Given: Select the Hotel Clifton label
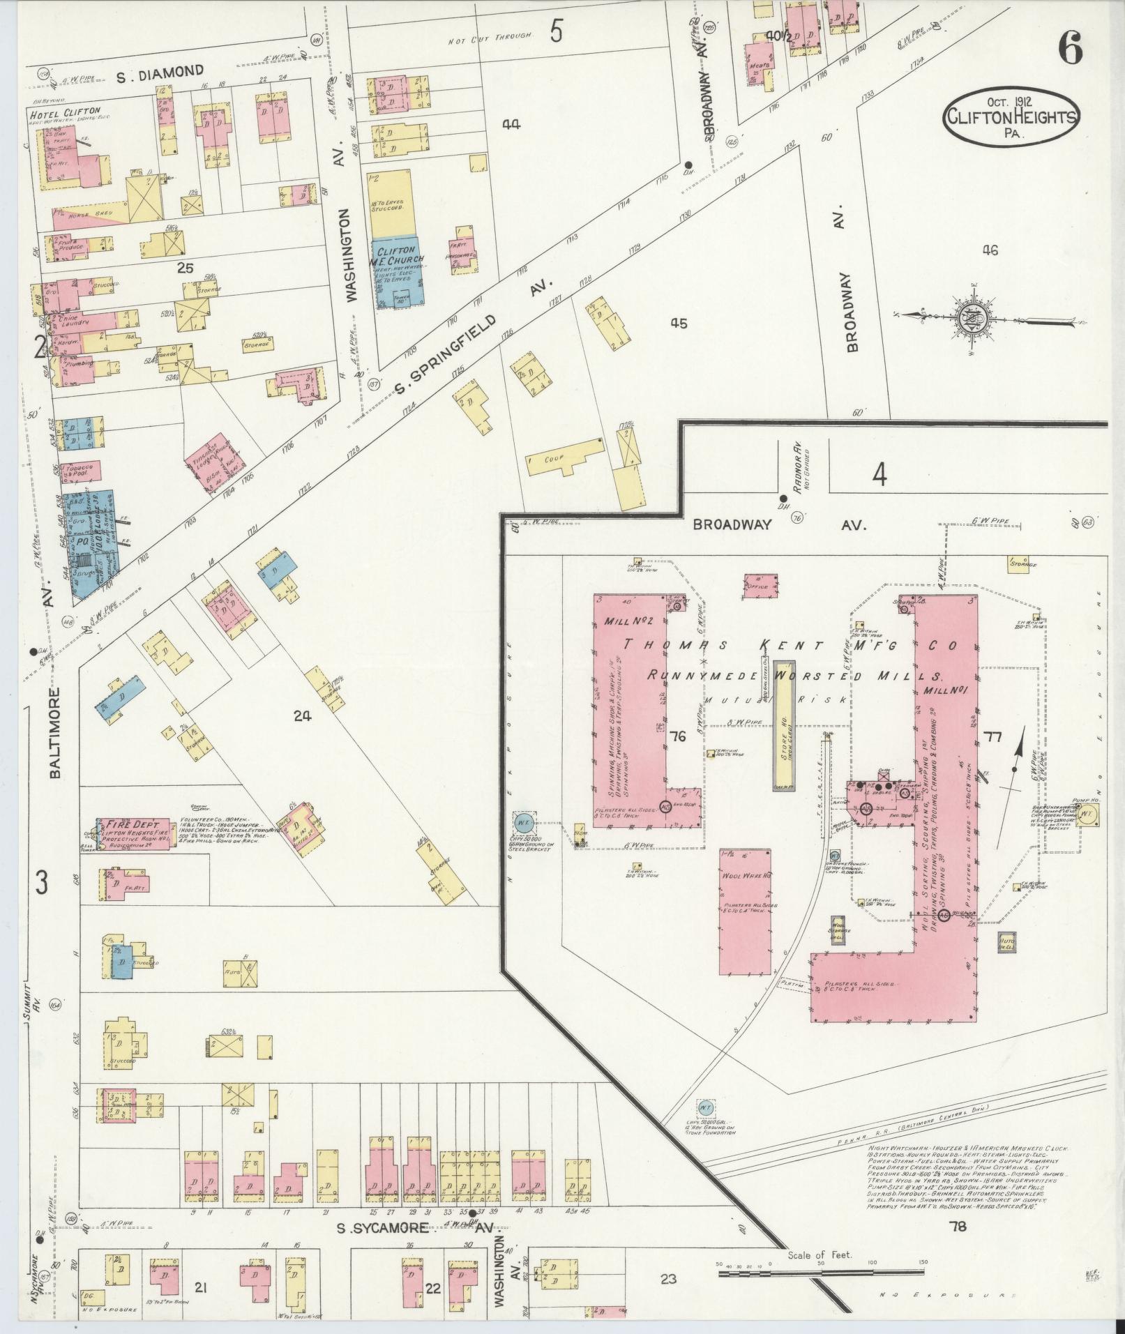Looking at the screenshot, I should click(65, 112).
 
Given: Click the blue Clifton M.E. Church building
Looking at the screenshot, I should click(395, 271).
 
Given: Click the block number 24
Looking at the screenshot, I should click(302, 715).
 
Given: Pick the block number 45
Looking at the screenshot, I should click(678, 323).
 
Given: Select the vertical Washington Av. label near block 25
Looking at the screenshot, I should click(351, 257).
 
